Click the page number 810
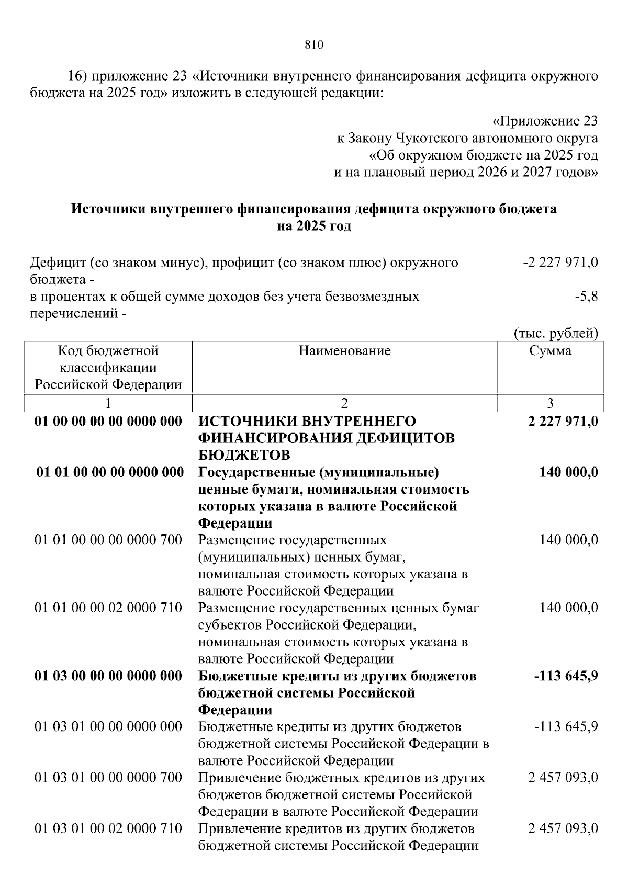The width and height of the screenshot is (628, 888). [x=314, y=45]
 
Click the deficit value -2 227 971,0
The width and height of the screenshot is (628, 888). [x=560, y=263]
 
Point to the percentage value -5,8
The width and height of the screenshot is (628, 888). [x=586, y=297]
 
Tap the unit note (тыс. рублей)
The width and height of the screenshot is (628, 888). [x=556, y=333]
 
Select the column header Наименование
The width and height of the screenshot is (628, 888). [x=344, y=350]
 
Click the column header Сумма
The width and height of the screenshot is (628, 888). [x=550, y=350]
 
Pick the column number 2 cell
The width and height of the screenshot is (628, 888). [x=344, y=403]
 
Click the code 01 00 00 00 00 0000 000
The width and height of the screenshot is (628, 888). [x=108, y=422]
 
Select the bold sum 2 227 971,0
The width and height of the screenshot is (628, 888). [x=563, y=422]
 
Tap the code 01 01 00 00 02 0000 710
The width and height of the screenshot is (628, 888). [x=108, y=608]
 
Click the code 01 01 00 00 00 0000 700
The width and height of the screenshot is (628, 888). [x=108, y=540]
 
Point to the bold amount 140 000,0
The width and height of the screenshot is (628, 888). [x=568, y=473]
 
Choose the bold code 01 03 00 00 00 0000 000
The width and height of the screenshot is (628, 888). [x=108, y=676]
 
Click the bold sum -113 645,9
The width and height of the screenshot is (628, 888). [x=566, y=676]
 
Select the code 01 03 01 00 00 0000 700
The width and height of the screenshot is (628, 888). [x=108, y=778]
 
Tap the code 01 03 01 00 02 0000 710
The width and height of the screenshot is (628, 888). [x=108, y=829]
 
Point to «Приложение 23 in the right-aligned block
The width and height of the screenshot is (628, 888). [x=545, y=122]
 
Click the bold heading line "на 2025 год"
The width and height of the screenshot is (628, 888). [x=314, y=226]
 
